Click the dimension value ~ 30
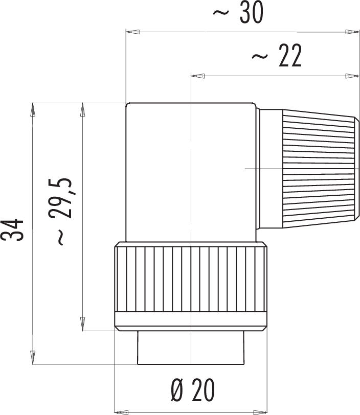[238, 12]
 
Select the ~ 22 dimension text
[277, 55]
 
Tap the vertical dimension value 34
[12, 230]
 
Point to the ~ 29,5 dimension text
[60, 212]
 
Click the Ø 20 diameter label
[193, 390]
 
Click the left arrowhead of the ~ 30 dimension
[133, 32]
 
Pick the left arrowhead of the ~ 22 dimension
[197, 76]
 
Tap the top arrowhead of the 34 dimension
[33, 109]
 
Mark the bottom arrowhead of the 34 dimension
[33, 358]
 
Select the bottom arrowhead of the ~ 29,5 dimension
[83, 324]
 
